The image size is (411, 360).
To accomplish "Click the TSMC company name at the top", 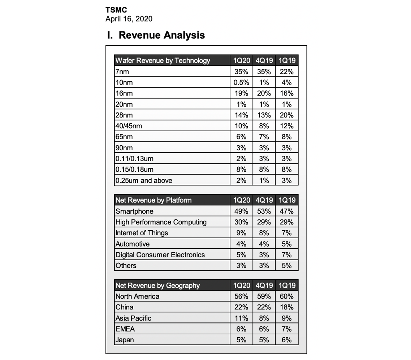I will [x=116, y=10].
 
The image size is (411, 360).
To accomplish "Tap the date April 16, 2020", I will [x=129, y=19].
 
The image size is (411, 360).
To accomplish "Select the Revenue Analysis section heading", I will [x=156, y=35].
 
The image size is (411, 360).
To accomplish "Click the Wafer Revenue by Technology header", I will [x=163, y=60].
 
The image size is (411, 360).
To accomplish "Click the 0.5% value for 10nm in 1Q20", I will [x=241, y=82].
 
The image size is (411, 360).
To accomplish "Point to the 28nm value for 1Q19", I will [x=286, y=115].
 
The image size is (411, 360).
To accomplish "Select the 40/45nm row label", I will [x=129, y=126].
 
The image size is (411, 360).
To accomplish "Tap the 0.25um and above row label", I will [x=144, y=180].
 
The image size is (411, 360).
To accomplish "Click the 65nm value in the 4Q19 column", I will [x=264, y=137].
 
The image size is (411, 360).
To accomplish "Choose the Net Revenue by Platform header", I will [x=153, y=200].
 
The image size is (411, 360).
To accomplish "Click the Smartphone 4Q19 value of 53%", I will [x=264, y=211].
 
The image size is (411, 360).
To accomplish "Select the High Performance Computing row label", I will [x=161, y=222].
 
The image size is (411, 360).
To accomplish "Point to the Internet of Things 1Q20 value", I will [x=241, y=233].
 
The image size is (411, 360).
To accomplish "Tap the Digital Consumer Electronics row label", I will [x=160, y=254].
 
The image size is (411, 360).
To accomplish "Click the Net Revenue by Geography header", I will [x=157, y=286].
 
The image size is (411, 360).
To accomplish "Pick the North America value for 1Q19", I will [x=286, y=296].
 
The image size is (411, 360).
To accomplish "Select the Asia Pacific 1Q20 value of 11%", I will [x=241, y=318].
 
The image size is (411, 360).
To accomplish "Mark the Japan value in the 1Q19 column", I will [x=286, y=340].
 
